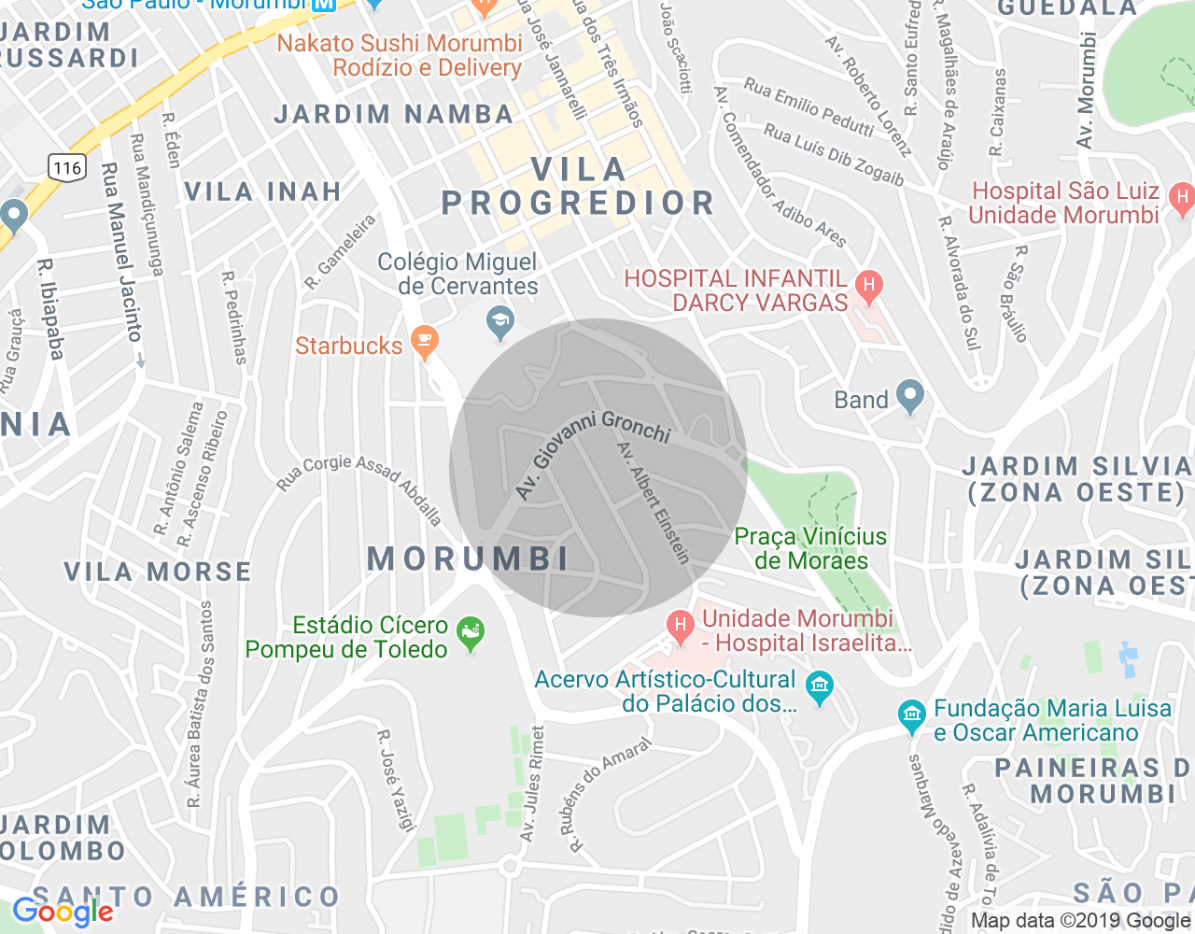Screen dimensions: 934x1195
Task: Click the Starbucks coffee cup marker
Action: pos(425,343)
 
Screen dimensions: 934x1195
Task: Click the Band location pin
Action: pos(908,397)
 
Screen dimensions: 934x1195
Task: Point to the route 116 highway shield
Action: pos(67,168)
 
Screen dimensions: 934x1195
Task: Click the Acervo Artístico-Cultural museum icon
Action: pos(820,688)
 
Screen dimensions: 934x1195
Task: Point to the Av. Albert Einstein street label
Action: pos(654,503)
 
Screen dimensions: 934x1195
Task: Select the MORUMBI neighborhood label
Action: pos(468,559)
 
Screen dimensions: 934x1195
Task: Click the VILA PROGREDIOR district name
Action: pos(578,187)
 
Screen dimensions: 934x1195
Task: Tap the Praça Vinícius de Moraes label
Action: pos(810,548)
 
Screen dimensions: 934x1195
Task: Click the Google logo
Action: pos(63,912)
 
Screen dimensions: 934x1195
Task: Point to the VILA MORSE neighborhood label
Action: pos(158,572)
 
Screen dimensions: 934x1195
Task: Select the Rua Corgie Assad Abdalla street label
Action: pos(359,488)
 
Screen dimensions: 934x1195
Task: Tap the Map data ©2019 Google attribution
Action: pos(1080,921)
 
